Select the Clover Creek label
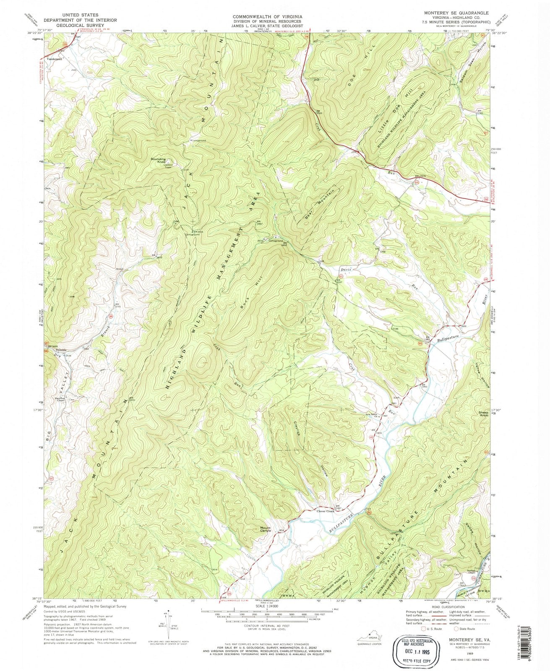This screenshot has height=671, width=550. (325, 511)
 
